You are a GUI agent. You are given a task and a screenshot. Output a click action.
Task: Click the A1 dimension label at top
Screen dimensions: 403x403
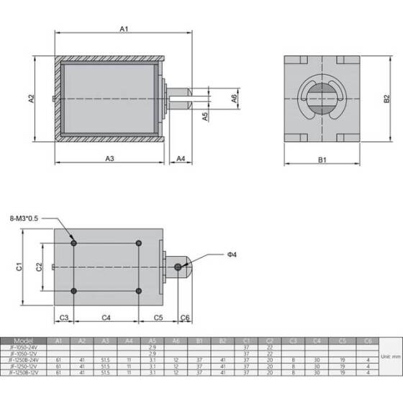pyautogui.click(x=124, y=29)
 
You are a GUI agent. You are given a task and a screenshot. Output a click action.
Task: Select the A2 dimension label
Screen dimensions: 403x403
pyautogui.click(x=32, y=99)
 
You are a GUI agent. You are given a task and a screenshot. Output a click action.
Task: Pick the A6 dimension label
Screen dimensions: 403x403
pyautogui.click(x=234, y=98)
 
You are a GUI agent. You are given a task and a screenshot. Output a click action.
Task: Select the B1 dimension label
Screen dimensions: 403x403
pyautogui.click(x=323, y=158)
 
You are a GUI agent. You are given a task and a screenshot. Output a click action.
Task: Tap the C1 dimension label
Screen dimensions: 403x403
pyautogui.click(x=19, y=267)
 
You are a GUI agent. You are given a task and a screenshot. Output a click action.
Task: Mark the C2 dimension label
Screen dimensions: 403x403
pyautogui.click(x=40, y=267)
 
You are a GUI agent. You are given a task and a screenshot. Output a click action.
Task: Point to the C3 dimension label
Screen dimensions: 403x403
pyautogui.click(x=63, y=317)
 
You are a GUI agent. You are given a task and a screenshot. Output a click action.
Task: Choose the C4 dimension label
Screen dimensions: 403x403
pyautogui.click(x=106, y=317)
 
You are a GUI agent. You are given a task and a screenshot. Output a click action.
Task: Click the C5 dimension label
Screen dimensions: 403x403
pyautogui.click(x=159, y=317)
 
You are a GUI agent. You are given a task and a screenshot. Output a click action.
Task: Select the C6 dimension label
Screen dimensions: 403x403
pyautogui.click(x=185, y=317)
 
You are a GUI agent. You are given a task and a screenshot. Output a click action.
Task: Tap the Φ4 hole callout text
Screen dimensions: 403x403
pyautogui.click(x=232, y=254)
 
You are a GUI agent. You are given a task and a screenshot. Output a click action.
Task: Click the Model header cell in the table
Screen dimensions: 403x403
pyautogui.click(x=24, y=340)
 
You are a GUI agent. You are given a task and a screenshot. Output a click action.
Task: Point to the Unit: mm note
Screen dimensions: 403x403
pyautogui.click(x=391, y=356)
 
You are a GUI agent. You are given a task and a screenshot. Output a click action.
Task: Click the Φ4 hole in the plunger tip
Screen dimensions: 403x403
pyautogui.click(x=178, y=267)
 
